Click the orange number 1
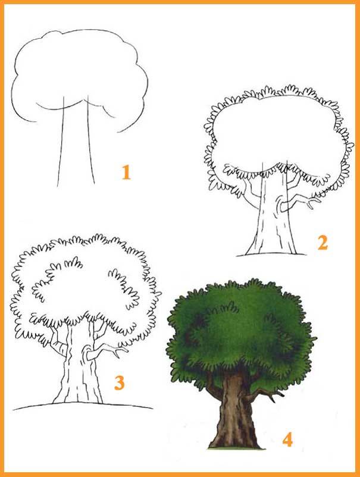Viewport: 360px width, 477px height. click(x=126, y=172)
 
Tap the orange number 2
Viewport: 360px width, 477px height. click(x=323, y=243)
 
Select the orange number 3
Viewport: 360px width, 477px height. click(x=119, y=382)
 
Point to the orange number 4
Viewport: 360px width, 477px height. click(x=287, y=440)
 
